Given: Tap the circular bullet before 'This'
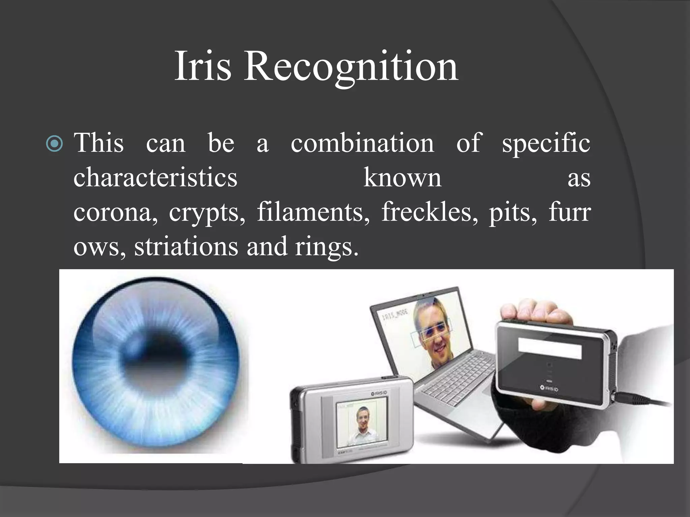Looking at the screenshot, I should pyautogui.click(x=54, y=144).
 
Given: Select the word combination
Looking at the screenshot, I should pyautogui.click(x=362, y=143).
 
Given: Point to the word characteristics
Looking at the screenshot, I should pyautogui.click(x=155, y=177).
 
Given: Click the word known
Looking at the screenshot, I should pyautogui.click(x=402, y=177).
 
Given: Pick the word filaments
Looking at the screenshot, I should pyautogui.click(x=313, y=212).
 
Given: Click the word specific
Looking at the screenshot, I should pyautogui.click(x=546, y=143).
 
